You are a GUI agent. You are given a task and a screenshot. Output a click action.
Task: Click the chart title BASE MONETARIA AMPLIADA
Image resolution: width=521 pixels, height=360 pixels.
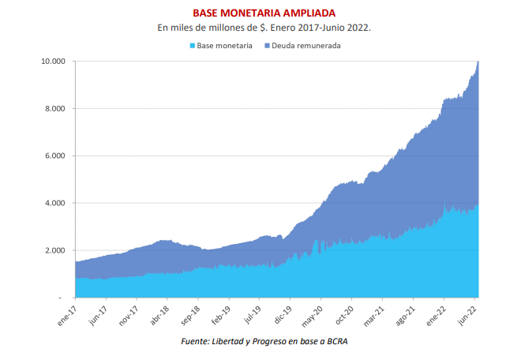pos(264,13)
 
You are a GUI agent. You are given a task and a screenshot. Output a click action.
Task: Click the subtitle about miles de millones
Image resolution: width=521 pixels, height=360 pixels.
pos(264,28)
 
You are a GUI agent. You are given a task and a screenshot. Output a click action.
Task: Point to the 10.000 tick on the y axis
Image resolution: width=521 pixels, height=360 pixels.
pos(53,62)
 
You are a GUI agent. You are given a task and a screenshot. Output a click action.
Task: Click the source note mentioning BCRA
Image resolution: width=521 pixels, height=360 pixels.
pos(264,341)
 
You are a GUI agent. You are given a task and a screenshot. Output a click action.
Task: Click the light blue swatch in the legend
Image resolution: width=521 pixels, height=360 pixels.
pos(192,46)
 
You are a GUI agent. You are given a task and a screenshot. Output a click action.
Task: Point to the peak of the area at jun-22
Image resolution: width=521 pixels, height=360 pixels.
pos(478,62)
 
